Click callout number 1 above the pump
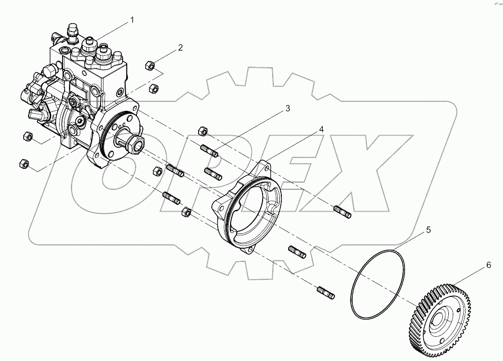pos(132,20)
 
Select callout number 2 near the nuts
pos(180,48)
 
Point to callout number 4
pos(321,130)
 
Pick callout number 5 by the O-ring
pos(428,230)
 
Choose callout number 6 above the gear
pos(489,265)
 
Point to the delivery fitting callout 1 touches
pos(91,45)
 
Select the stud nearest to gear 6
pos(326,292)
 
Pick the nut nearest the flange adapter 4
pos(187,212)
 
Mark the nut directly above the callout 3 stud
pos(202,131)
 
